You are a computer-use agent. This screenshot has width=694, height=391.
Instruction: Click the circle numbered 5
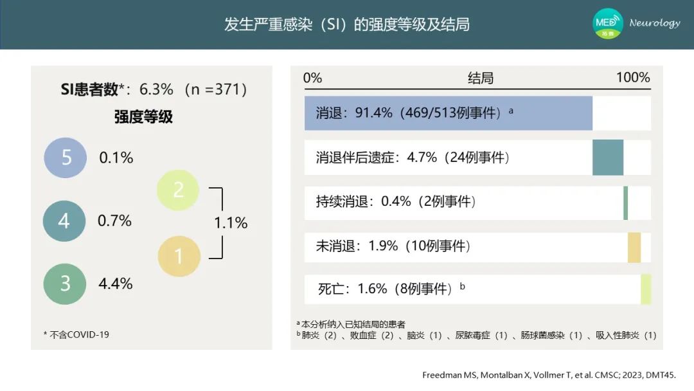66,158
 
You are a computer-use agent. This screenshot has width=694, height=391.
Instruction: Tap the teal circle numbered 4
64,221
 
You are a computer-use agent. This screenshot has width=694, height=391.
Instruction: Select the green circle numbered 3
65,284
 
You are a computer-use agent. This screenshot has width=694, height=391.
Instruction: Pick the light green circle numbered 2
178,190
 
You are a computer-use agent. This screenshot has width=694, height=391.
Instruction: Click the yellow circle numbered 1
179,257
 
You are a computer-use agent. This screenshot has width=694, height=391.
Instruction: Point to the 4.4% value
116,284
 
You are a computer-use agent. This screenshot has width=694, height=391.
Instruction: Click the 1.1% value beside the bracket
231,223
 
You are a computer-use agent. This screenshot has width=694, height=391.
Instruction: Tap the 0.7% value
114,221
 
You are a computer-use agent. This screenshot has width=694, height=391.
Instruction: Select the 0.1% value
116,158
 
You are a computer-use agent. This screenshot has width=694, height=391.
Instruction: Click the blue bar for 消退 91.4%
449,113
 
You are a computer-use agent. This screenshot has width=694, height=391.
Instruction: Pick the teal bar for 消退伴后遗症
608,158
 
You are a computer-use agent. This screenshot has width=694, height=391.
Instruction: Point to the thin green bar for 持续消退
626,203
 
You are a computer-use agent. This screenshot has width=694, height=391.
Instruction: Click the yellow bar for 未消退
634,248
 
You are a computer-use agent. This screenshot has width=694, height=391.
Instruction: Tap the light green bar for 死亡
646,289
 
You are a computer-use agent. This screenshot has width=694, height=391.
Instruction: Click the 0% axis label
312,78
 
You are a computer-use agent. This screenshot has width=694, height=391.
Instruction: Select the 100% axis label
633,77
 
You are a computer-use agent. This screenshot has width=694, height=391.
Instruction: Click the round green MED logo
608,23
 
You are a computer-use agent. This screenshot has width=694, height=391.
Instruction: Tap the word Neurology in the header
655,23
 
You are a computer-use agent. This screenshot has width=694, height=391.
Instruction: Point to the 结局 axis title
481,78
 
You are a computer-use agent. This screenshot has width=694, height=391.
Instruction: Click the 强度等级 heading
143,117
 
